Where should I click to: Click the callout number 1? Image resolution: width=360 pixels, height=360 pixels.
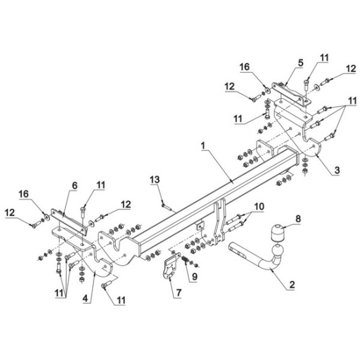click(x=203, y=145)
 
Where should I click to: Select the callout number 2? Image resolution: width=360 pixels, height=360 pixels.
click(x=292, y=285)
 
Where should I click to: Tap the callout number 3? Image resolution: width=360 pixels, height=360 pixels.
click(x=337, y=170)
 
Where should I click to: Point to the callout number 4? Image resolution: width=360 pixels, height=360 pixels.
click(x=85, y=298)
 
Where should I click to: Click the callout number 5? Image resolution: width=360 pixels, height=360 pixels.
click(x=301, y=63)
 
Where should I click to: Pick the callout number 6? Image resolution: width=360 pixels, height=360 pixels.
click(x=75, y=185)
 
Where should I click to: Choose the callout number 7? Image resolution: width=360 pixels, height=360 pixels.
click(x=179, y=293)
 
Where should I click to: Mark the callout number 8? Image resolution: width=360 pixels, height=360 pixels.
click(x=298, y=219)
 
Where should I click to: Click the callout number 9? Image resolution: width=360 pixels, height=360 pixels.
click(x=194, y=276)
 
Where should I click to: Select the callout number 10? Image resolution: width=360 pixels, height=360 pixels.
click(x=259, y=206)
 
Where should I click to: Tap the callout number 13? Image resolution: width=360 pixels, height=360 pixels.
click(x=155, y=179)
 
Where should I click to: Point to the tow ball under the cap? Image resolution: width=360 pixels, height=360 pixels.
click(x=278, y=250)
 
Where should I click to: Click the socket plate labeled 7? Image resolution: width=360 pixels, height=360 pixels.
click(x=171, y=266)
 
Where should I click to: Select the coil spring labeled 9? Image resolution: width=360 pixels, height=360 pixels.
click(x=185, y=260)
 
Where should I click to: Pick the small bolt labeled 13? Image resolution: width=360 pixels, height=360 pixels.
click(x=167, y=207)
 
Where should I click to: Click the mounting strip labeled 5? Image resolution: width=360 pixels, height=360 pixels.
click(x=291, y=94)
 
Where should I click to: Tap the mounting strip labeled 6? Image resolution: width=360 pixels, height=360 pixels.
click(x=69, y=221)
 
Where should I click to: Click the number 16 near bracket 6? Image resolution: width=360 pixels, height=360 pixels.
click(x=24, y=194)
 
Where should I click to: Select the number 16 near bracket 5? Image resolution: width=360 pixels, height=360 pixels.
click(x=245, y=67)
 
